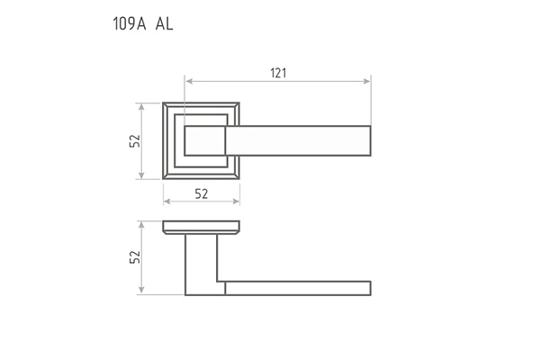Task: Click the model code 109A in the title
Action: tap(130, 24)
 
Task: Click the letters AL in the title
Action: tap(164, 24)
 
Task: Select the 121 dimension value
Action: tap(278, 73)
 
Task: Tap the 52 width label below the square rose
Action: tap(202, 194)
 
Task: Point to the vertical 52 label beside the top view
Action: tap(135, 140)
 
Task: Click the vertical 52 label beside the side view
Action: tap(135, 257)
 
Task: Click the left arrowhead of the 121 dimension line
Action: tap(189, 81)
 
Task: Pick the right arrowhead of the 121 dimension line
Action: tap(367, 81)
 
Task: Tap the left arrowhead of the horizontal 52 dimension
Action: tap(167, 202)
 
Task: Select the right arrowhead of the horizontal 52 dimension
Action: tap(236, 202)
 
